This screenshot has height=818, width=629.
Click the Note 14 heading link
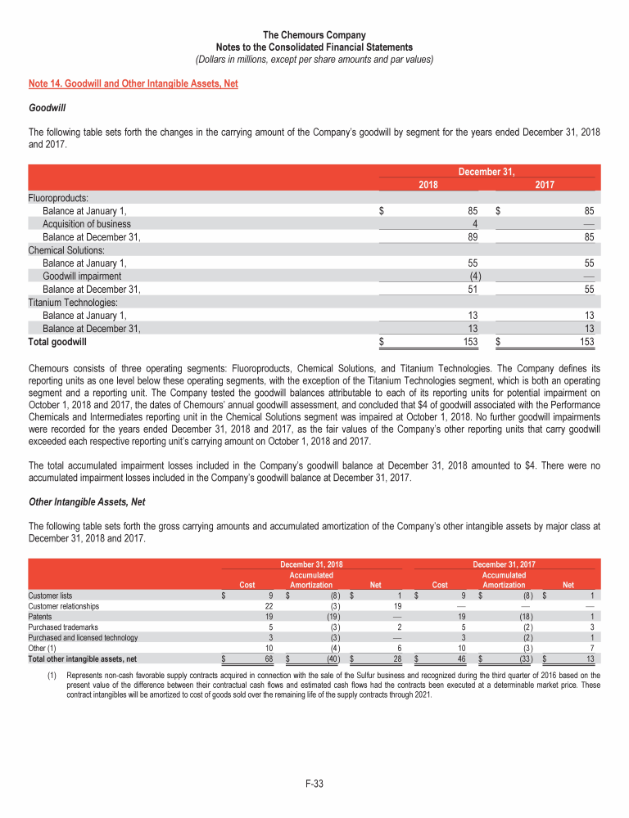click(x=133, y=83)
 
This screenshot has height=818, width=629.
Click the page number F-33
click(x=314, y=784)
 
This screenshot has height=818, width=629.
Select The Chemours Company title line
click(x=314, y=36)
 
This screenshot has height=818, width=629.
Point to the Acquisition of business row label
click(x=86, y=223)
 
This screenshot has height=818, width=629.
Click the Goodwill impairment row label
click(x=82, y=276)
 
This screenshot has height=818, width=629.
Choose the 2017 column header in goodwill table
click(x=545, y=185)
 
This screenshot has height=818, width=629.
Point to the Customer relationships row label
click(x=64, y=606)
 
